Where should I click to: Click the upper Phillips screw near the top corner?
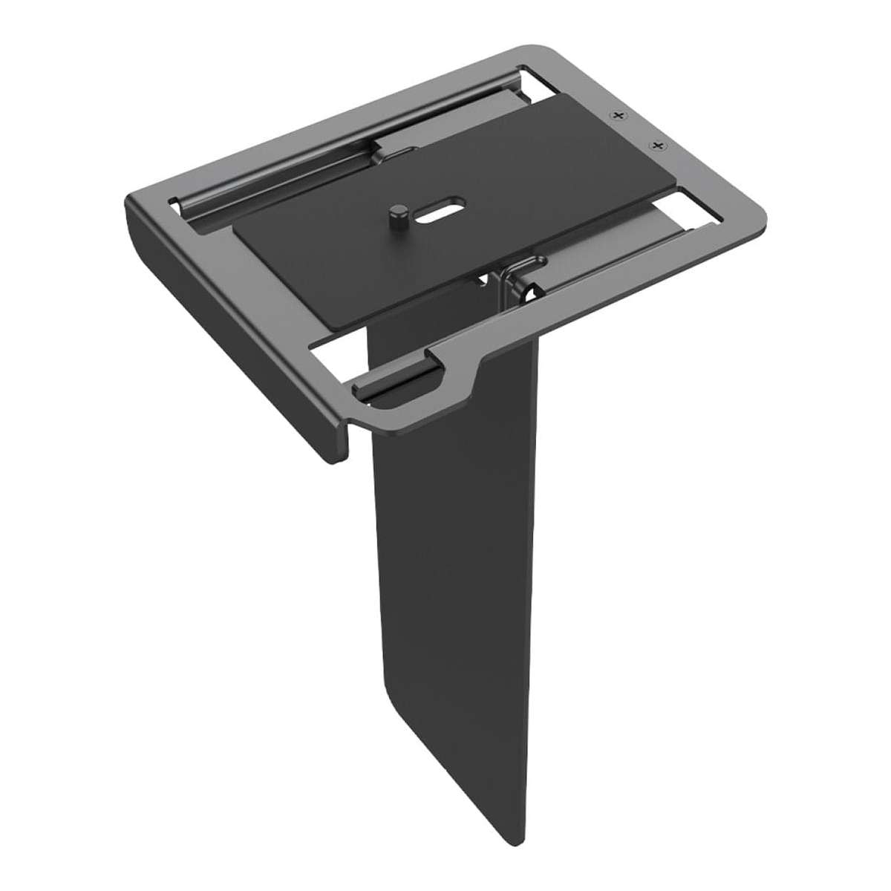tap(616, 116)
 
